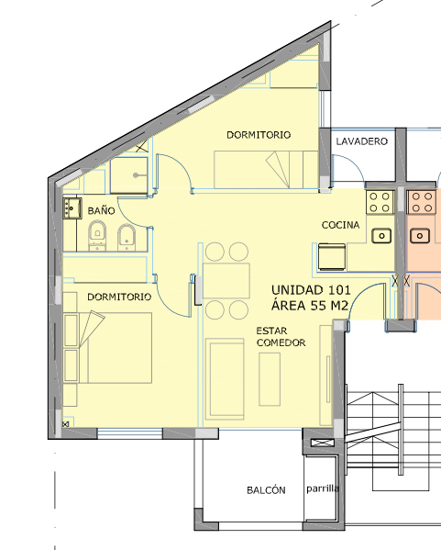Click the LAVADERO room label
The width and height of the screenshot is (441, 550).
coord(362,141)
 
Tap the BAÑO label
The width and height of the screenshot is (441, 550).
coord(101,210)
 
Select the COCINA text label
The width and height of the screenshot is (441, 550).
coord(340,225)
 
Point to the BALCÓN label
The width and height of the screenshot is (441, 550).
coord(266,489)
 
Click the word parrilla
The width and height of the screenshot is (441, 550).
coord(323,488)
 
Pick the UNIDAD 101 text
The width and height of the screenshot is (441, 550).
coord(311,290)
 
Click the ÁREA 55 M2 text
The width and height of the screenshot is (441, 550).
coord(310,305)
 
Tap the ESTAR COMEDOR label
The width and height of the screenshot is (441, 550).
coord(281,337)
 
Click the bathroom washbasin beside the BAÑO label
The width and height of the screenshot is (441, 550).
coord(72,208)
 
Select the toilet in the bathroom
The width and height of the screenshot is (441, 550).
coord(97,235)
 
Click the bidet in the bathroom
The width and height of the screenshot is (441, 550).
coord(127,237)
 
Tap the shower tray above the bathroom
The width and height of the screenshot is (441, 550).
coord(129,175)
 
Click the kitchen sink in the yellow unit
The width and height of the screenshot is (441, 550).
coord(381,235)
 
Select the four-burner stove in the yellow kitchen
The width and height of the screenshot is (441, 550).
coord(380,202)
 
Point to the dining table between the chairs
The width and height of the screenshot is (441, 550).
coord(226,281)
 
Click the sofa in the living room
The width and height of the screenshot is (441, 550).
coord(225,379)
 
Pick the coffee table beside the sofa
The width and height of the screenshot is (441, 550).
coord(270,379)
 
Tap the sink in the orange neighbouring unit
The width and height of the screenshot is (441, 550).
coord(419,235)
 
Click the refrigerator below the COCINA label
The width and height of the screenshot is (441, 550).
coord(332,257)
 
